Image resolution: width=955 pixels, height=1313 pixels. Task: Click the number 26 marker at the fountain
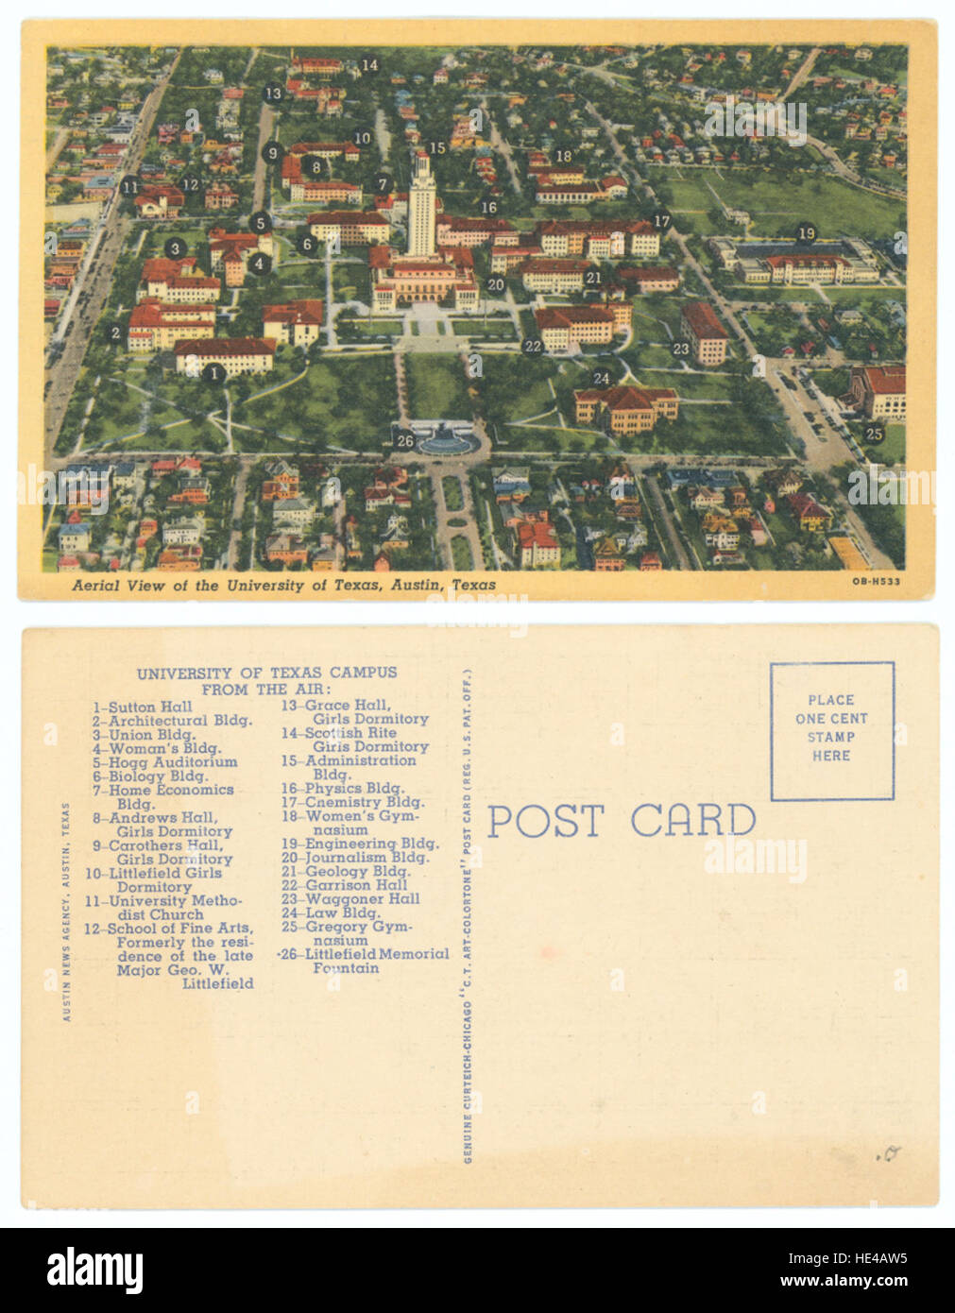point(405,440)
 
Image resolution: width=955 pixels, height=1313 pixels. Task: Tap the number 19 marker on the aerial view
point(806,233)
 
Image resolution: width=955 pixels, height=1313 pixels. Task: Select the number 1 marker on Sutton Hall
point(214,373)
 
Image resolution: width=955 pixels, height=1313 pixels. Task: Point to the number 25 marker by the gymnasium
point(874,435)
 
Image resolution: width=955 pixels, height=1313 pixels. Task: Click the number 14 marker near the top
point(369,65)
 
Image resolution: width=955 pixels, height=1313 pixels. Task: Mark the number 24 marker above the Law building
point(602,379)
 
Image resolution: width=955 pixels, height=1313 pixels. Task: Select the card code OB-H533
point(876,582)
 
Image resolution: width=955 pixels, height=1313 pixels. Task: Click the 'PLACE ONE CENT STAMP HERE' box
point(831,730)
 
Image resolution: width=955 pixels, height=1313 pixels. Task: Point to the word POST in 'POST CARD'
point(545,821)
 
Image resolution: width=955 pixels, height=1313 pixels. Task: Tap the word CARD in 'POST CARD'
point(692,821)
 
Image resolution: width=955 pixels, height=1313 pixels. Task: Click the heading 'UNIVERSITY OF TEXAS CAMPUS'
point(266,674)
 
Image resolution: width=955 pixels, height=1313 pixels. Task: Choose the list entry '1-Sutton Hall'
point(143,707)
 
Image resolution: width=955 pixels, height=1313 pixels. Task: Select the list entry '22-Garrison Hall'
point(344,885)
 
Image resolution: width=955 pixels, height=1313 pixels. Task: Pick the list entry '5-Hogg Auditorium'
point(164,762)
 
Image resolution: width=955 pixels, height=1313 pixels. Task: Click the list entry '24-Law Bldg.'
point(331,912)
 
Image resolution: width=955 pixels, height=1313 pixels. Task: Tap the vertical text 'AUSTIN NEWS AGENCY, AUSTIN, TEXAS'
point(66,912)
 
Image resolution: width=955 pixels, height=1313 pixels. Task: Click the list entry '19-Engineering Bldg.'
point(359,844)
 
